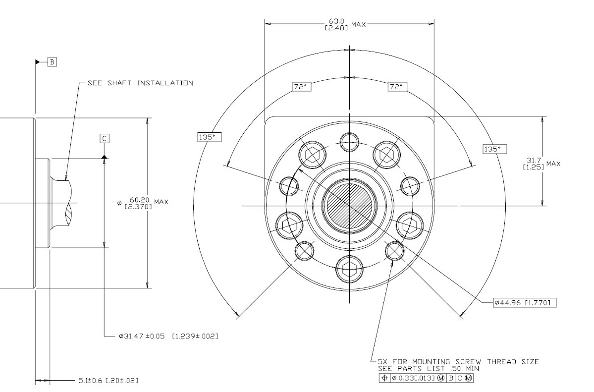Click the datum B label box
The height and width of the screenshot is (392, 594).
(x=52, y=62)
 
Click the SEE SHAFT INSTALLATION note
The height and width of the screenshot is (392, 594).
(x=140, y=83)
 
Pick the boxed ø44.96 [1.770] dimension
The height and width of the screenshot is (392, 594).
(x=525, y=302)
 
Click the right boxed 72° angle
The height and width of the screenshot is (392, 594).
(x=397, y=87)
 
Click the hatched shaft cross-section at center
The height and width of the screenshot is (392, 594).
(x=349, y=205)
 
